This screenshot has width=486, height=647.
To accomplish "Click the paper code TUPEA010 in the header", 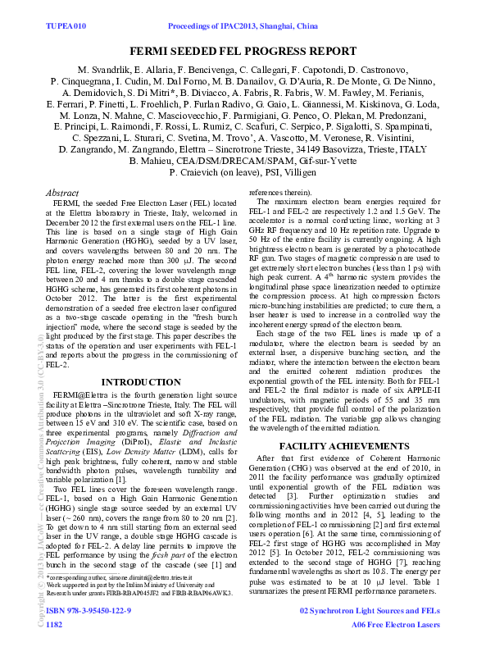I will coord(66,27).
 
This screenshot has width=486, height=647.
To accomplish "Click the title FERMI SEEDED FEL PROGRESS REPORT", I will coord(243,51).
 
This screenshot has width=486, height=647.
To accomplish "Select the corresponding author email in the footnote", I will coord(152,600).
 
